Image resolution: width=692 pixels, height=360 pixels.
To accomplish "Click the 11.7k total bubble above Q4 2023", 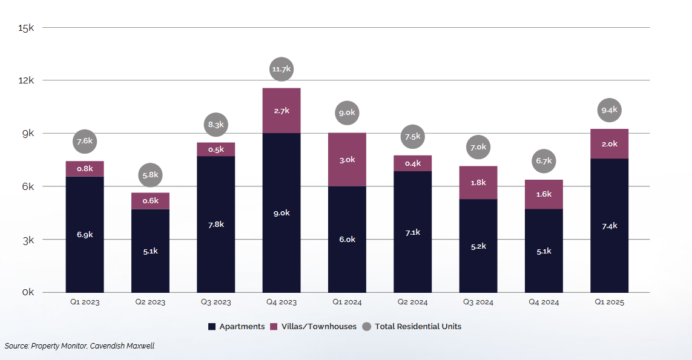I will (282, 70).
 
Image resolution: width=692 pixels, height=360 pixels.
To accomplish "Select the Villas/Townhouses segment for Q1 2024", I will (347, 160).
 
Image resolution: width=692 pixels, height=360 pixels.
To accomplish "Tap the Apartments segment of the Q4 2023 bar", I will (282, 212).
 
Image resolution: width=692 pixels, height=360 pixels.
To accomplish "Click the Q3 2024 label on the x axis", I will (478, 302).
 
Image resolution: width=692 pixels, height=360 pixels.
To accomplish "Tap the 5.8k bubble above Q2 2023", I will (150, 175).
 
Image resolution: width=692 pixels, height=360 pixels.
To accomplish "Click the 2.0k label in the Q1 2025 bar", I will (610, 144).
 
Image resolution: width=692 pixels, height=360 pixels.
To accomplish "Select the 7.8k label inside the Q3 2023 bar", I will (216, 224).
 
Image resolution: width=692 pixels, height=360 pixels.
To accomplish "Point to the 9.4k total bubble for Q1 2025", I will (610, 110).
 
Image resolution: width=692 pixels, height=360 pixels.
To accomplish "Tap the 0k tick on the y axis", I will (28, 293).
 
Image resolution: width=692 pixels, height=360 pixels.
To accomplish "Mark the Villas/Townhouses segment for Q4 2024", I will (544, 194).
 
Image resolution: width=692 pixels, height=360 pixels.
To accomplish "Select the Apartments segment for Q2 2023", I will (150, 250).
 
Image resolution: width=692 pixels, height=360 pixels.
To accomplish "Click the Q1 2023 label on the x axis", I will (85, 302).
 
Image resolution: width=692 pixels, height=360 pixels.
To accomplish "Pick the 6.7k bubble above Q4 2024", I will (544, 161).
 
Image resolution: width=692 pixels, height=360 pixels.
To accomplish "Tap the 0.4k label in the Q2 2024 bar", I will (413, 163).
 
